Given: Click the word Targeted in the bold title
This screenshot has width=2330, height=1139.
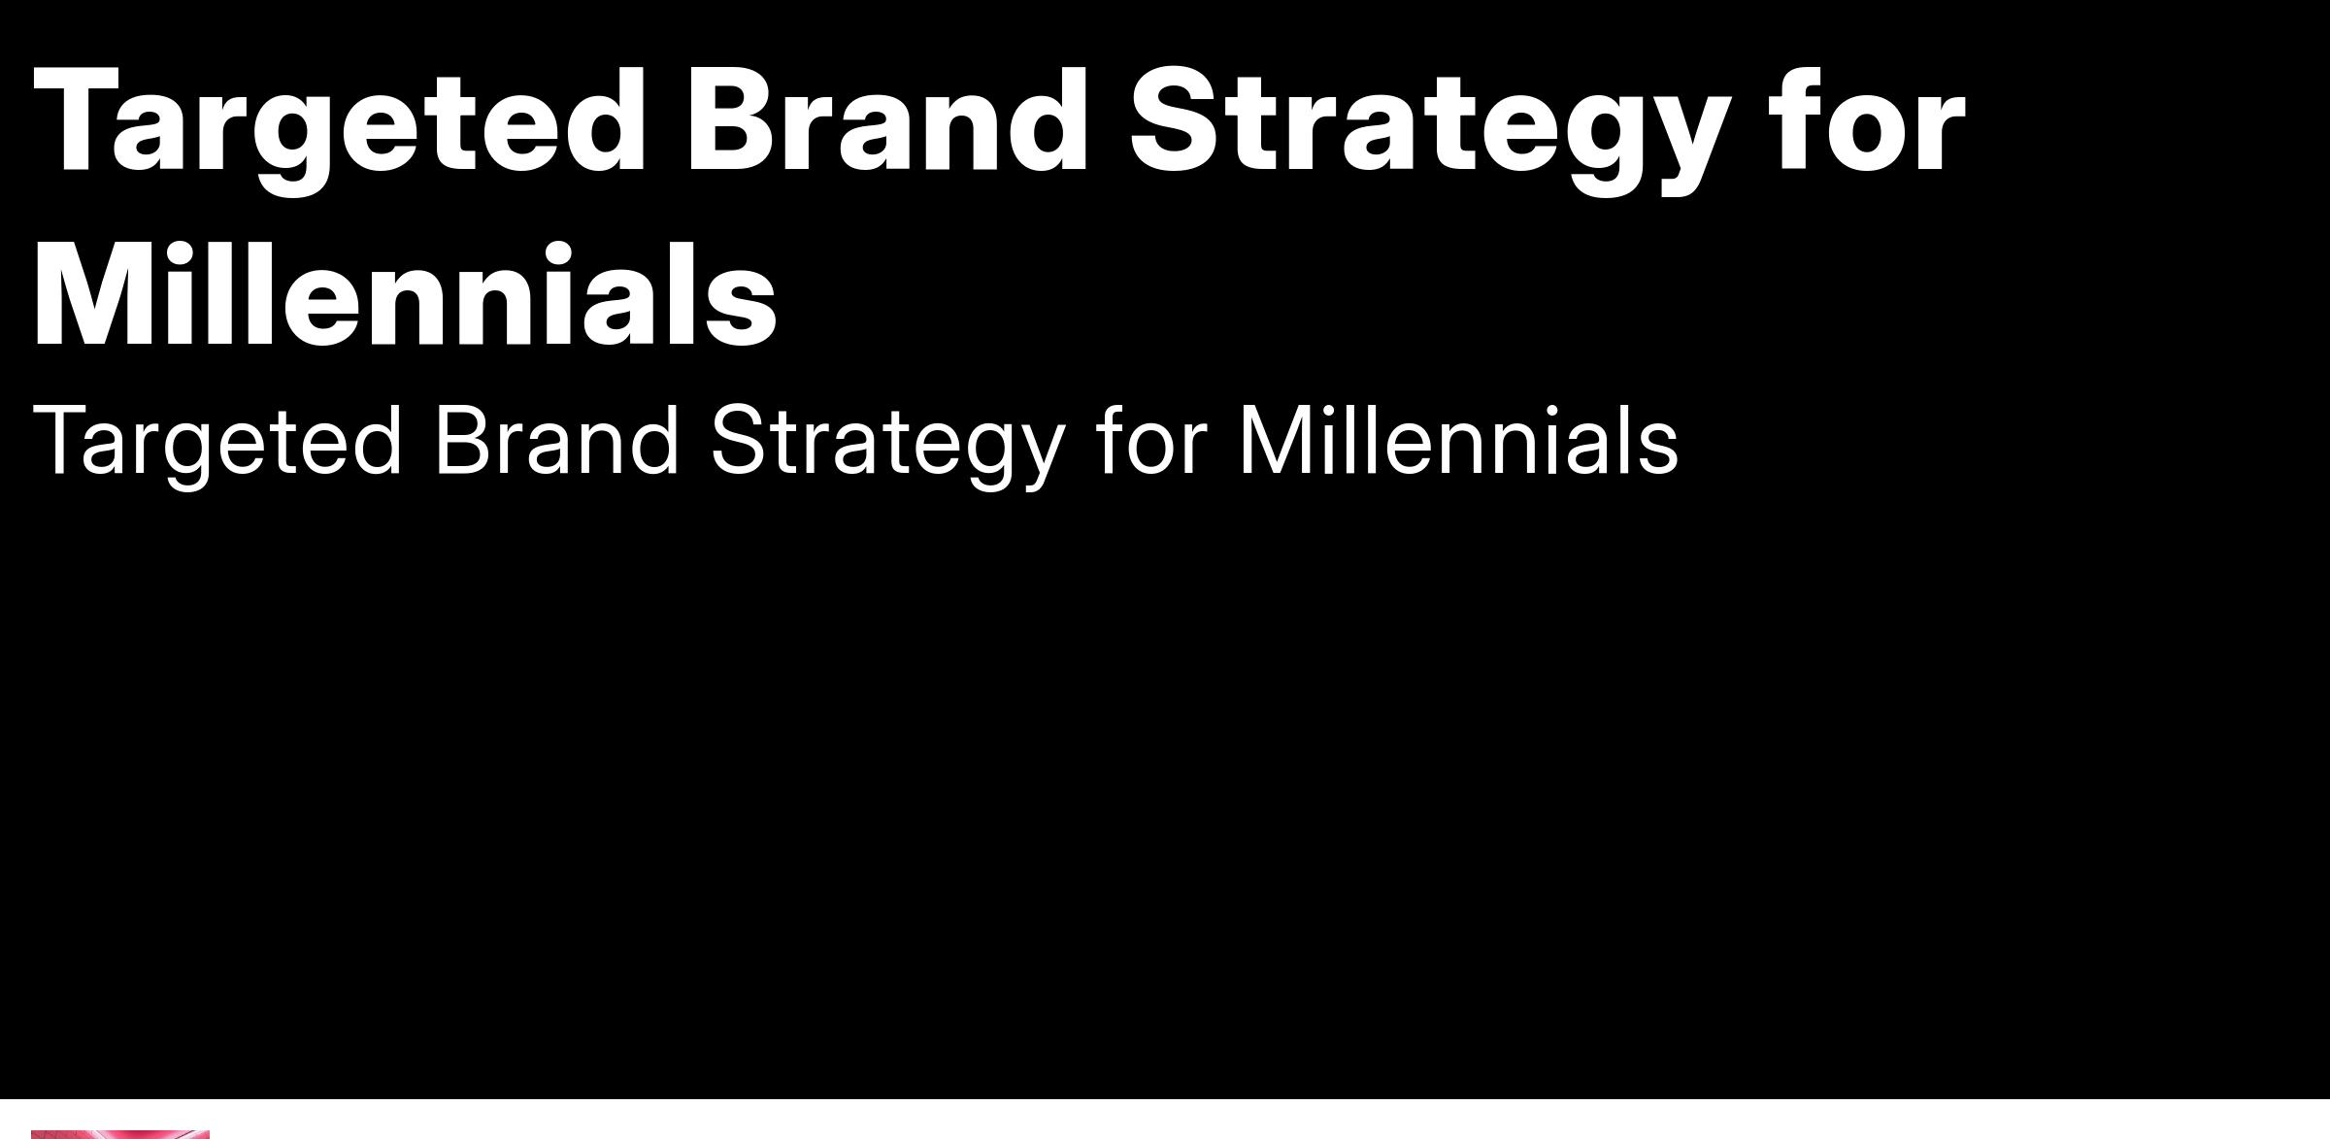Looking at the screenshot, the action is point(340,126).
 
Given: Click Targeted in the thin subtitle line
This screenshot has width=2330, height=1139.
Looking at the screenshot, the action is point(217,442).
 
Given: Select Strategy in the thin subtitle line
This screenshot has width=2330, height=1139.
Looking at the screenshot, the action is point(888,443).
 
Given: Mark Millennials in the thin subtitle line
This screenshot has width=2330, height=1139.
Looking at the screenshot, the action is point(1459,440).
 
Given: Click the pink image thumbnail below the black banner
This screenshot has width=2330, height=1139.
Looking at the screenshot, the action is point(120,1134).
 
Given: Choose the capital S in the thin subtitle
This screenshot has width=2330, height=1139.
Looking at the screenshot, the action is point(742,440).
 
